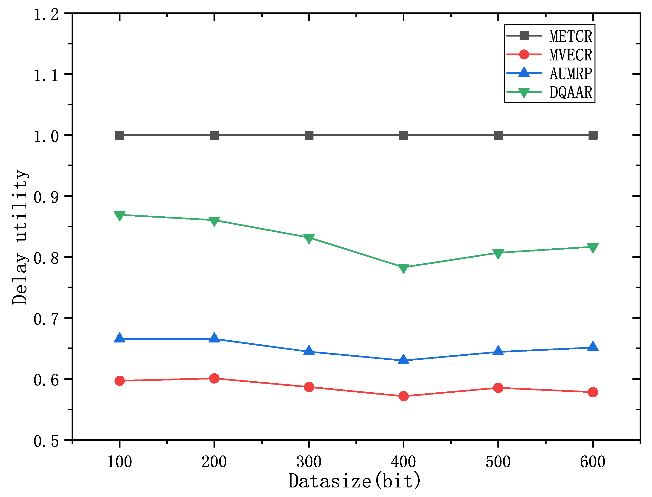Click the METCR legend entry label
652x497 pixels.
coord(570,36)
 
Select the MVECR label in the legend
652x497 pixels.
coord(570,55)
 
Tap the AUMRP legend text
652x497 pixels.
coord(570,74)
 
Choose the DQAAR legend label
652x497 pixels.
coord(570,92)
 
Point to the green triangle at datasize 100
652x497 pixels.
coord(120,216)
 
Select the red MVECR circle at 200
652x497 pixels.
coord(214,378)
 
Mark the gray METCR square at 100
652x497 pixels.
coord(120,135)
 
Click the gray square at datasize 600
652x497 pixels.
coord(593,135)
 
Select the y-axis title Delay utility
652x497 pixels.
coord(20,237)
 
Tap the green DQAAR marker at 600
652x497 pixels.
coord(593,248)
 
